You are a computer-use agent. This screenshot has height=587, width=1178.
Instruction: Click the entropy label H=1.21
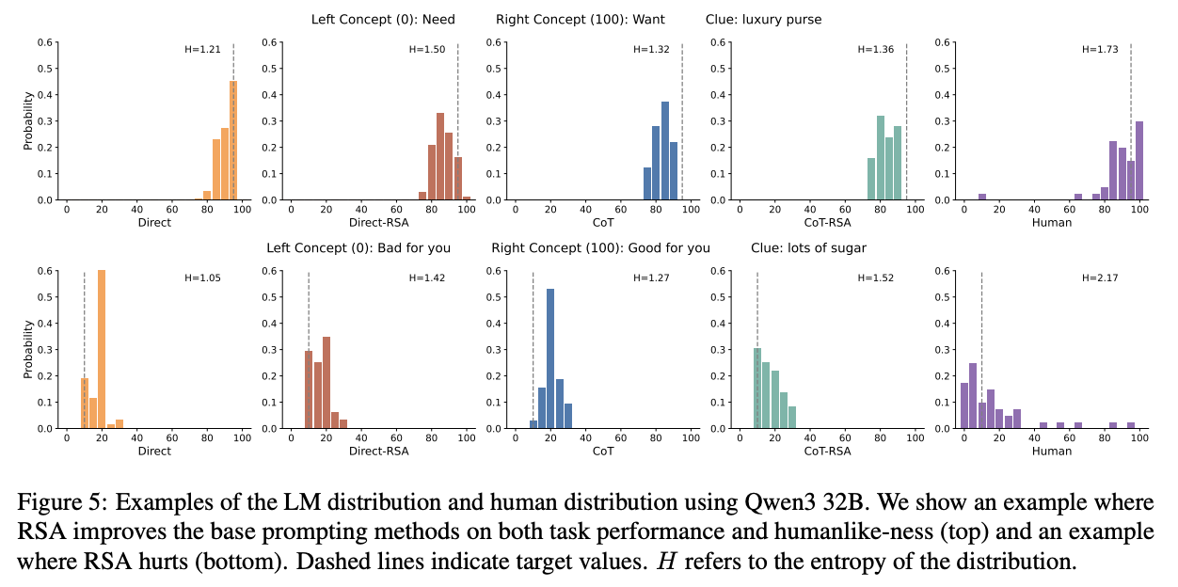(x=202, y=50)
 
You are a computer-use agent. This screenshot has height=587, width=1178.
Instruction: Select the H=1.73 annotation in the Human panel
(x=1100, y=50)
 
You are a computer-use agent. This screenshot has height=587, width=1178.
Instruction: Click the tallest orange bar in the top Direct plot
(x=233, y=141)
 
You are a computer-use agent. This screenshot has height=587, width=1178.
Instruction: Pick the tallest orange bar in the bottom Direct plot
(x=101, y=349)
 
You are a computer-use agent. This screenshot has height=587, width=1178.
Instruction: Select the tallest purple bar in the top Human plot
(x=1139, y=161)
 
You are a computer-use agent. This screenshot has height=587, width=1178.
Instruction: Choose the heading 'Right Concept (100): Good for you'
(x=600, y=247)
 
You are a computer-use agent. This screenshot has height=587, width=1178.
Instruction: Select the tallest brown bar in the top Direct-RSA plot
(x=439, y=156)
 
